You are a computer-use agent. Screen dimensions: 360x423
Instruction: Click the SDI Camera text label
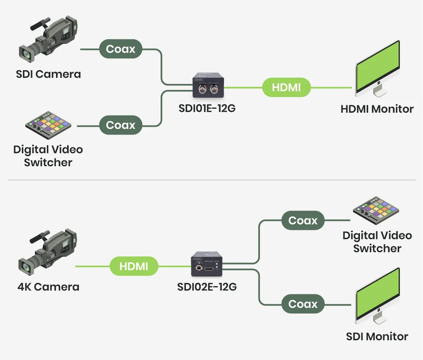pos(48,74)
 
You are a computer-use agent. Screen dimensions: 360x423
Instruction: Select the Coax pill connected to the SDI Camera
pos(120,49)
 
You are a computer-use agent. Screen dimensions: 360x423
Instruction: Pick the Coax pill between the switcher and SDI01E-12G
pos(120,125)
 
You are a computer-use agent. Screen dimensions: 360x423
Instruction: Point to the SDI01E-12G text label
pos(207,108)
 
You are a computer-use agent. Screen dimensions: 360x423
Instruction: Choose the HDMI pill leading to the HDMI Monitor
pos(286,87)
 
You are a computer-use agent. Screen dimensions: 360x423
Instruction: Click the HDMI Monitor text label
pos(377,109)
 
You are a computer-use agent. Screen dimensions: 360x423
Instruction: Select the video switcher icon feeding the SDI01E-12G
pos(48,125)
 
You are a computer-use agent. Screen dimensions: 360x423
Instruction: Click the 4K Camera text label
pos(48,287)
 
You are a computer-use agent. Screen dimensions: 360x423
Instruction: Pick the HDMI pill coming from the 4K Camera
pos(134,266)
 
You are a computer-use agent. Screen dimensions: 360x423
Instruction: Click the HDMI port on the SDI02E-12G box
pos(209,269)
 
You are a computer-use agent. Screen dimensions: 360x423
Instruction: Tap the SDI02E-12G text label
pos(207,287)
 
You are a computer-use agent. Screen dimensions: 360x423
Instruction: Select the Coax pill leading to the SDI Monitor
pos(303,304)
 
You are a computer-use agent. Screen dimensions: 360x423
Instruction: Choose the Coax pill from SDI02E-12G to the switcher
pos(303,221)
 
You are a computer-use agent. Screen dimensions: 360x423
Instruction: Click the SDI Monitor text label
pos(377,337)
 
